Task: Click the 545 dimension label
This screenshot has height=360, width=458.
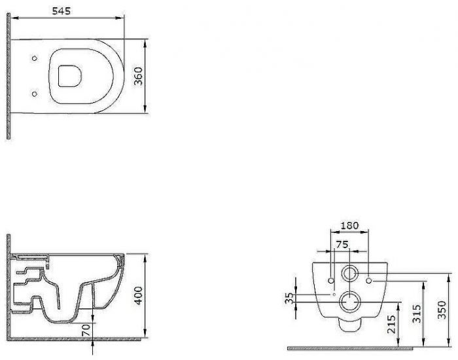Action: pos(62,11)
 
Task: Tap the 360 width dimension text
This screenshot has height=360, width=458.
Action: pos(138,77)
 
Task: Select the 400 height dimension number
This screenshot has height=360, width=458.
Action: pos(138,295)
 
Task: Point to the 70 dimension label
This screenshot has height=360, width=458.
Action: pos(86,330)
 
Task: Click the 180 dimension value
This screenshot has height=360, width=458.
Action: pos(349,226)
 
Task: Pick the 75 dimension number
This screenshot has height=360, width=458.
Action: pos(342,244)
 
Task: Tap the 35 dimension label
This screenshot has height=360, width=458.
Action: pos(289,298)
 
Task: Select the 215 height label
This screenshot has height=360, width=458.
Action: pos(391,324)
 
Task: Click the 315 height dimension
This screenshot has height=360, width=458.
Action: pos(417,314)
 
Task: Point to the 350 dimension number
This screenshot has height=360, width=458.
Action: pos(442,310)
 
